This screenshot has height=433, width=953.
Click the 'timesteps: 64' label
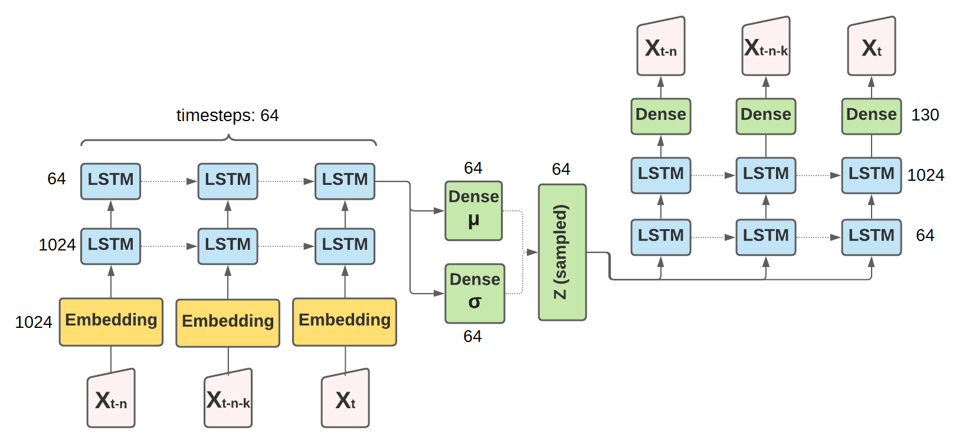click(x=227, y=115)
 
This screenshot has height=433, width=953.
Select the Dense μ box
click(x=474, y=211)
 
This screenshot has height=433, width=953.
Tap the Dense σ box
click(x=474, y=294)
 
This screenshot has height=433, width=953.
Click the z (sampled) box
click(x=562, y=252)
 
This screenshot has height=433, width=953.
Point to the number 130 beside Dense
click(x=925, y=115)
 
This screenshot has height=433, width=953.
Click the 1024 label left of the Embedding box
click(x=34, y=322)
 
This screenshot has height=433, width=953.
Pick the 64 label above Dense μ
click(x=473, y=168)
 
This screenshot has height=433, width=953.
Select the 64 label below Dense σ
click(x=473, y=336)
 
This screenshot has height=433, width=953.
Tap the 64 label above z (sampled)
click(x=561, y=169)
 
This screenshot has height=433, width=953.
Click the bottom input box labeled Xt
click(x=345, y=399)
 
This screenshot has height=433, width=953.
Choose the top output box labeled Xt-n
click(x=661, y=47)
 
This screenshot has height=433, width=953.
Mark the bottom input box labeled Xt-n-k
click(x=228, y=399)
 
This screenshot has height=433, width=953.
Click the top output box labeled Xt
click(x=872, y=47)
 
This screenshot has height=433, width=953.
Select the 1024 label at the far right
click(x=925, y=175)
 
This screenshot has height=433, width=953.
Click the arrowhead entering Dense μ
click(x=439, y=211)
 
